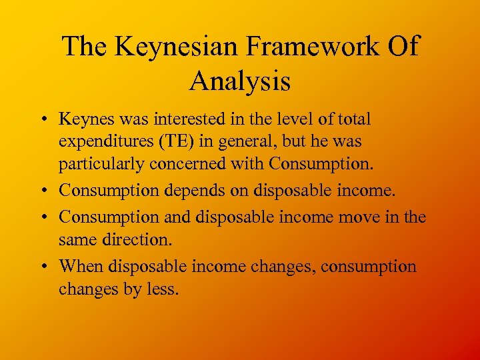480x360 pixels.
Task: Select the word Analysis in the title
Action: [x=240, y=81]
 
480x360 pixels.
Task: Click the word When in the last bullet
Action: [x=81, y=267]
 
